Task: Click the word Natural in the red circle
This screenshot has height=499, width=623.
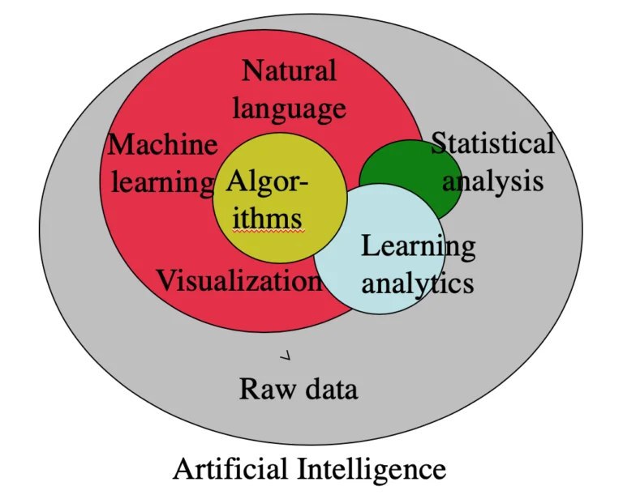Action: [289, 71]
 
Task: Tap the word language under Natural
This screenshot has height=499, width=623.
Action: [289, 109]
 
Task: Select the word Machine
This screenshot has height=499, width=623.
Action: [163, 146]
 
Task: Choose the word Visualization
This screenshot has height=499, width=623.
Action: [239, 281]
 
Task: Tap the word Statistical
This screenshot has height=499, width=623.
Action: [492, 144]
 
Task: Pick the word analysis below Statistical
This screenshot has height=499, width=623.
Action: [492, 181]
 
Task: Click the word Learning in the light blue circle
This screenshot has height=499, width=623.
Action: [418, 245]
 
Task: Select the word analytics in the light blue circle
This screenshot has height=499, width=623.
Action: [417, 283]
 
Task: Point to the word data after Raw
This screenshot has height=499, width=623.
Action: [328, 390]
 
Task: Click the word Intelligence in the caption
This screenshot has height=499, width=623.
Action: [371, 469]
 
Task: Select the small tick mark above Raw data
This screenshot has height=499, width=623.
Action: [285, 356]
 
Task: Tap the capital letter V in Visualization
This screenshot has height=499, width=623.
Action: [165, 281]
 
